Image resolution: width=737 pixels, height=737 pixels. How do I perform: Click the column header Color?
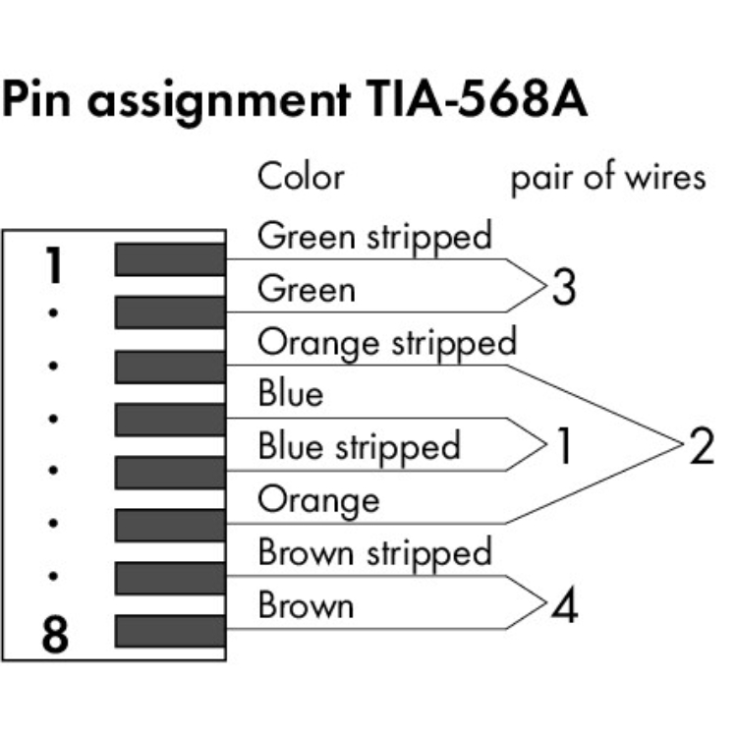(301, 177)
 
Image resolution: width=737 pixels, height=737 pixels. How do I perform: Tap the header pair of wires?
(607, 177)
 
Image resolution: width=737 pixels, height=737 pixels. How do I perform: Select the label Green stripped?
(373, 238)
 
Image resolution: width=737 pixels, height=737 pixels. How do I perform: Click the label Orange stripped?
(386, 343)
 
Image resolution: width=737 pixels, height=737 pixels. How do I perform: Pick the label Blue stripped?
(359, 447)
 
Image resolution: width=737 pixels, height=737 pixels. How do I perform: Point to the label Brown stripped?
(374, 552)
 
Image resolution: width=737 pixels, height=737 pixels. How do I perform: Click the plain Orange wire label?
(317, 500)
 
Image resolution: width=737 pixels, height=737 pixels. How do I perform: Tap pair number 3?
(563, 290)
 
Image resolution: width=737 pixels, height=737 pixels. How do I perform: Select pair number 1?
(563, 447)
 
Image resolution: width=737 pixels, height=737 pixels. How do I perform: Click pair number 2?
(701, 447)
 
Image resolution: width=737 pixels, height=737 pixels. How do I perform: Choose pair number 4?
(563, 605)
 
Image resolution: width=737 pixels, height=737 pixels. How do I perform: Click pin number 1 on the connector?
(56, 265)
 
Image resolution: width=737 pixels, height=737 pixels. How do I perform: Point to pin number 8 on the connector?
(56, 636)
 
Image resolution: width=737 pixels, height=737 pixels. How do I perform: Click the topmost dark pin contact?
(170, 259)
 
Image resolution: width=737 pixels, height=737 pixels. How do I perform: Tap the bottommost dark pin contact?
(170, 630)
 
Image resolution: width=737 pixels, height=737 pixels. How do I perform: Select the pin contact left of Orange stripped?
(170, 366)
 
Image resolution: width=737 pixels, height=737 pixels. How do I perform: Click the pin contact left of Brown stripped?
(170, 577)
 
